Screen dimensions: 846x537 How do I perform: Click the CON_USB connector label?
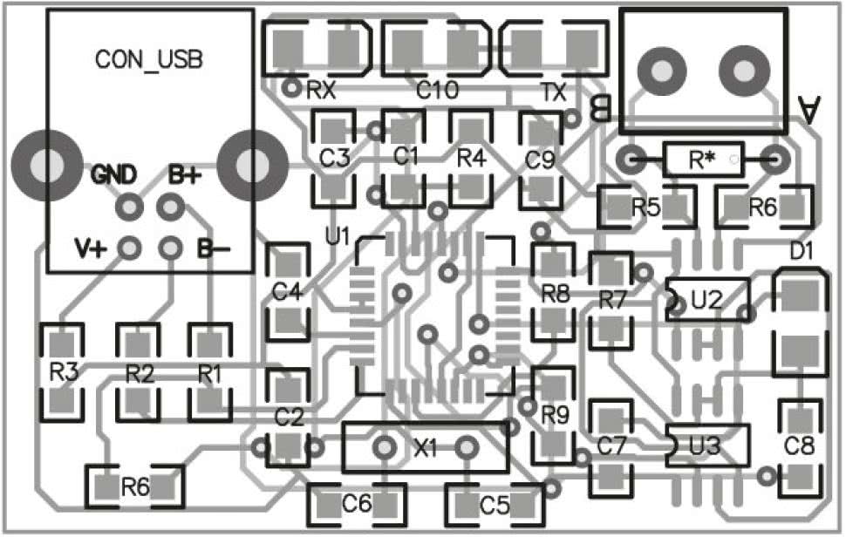(x=149, y=60)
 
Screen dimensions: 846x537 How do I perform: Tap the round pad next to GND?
(x=129, y=207)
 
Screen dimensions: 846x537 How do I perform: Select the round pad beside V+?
(x=129, y=248)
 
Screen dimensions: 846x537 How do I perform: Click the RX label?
(x=320, y=91)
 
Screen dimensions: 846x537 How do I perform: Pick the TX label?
(x=554, y=92)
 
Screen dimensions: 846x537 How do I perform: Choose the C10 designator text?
(x=437, y=91)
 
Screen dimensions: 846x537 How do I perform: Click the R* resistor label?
(x=702, y=160)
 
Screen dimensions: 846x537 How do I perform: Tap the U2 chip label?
(x=706, y=300)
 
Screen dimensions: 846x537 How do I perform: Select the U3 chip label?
(x=706, y=446)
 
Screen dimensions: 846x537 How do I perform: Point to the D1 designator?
(x=802, y=251)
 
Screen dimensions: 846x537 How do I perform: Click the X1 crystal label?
(x=425, y=449)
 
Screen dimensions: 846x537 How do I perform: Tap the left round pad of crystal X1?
(x=384, y=447)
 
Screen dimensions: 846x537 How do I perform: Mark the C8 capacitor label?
(x=799, y=446)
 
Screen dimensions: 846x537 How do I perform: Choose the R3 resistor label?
(x=65, y=372)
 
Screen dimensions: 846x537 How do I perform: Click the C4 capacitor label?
(x=287, y=292)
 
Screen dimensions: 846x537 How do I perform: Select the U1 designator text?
(x=338, y=236)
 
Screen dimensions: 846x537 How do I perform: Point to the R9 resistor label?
(x=556, y=415)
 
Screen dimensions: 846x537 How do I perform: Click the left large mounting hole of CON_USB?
(x=46, y=166)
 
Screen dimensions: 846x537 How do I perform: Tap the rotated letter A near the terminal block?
(x=809, y=110)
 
